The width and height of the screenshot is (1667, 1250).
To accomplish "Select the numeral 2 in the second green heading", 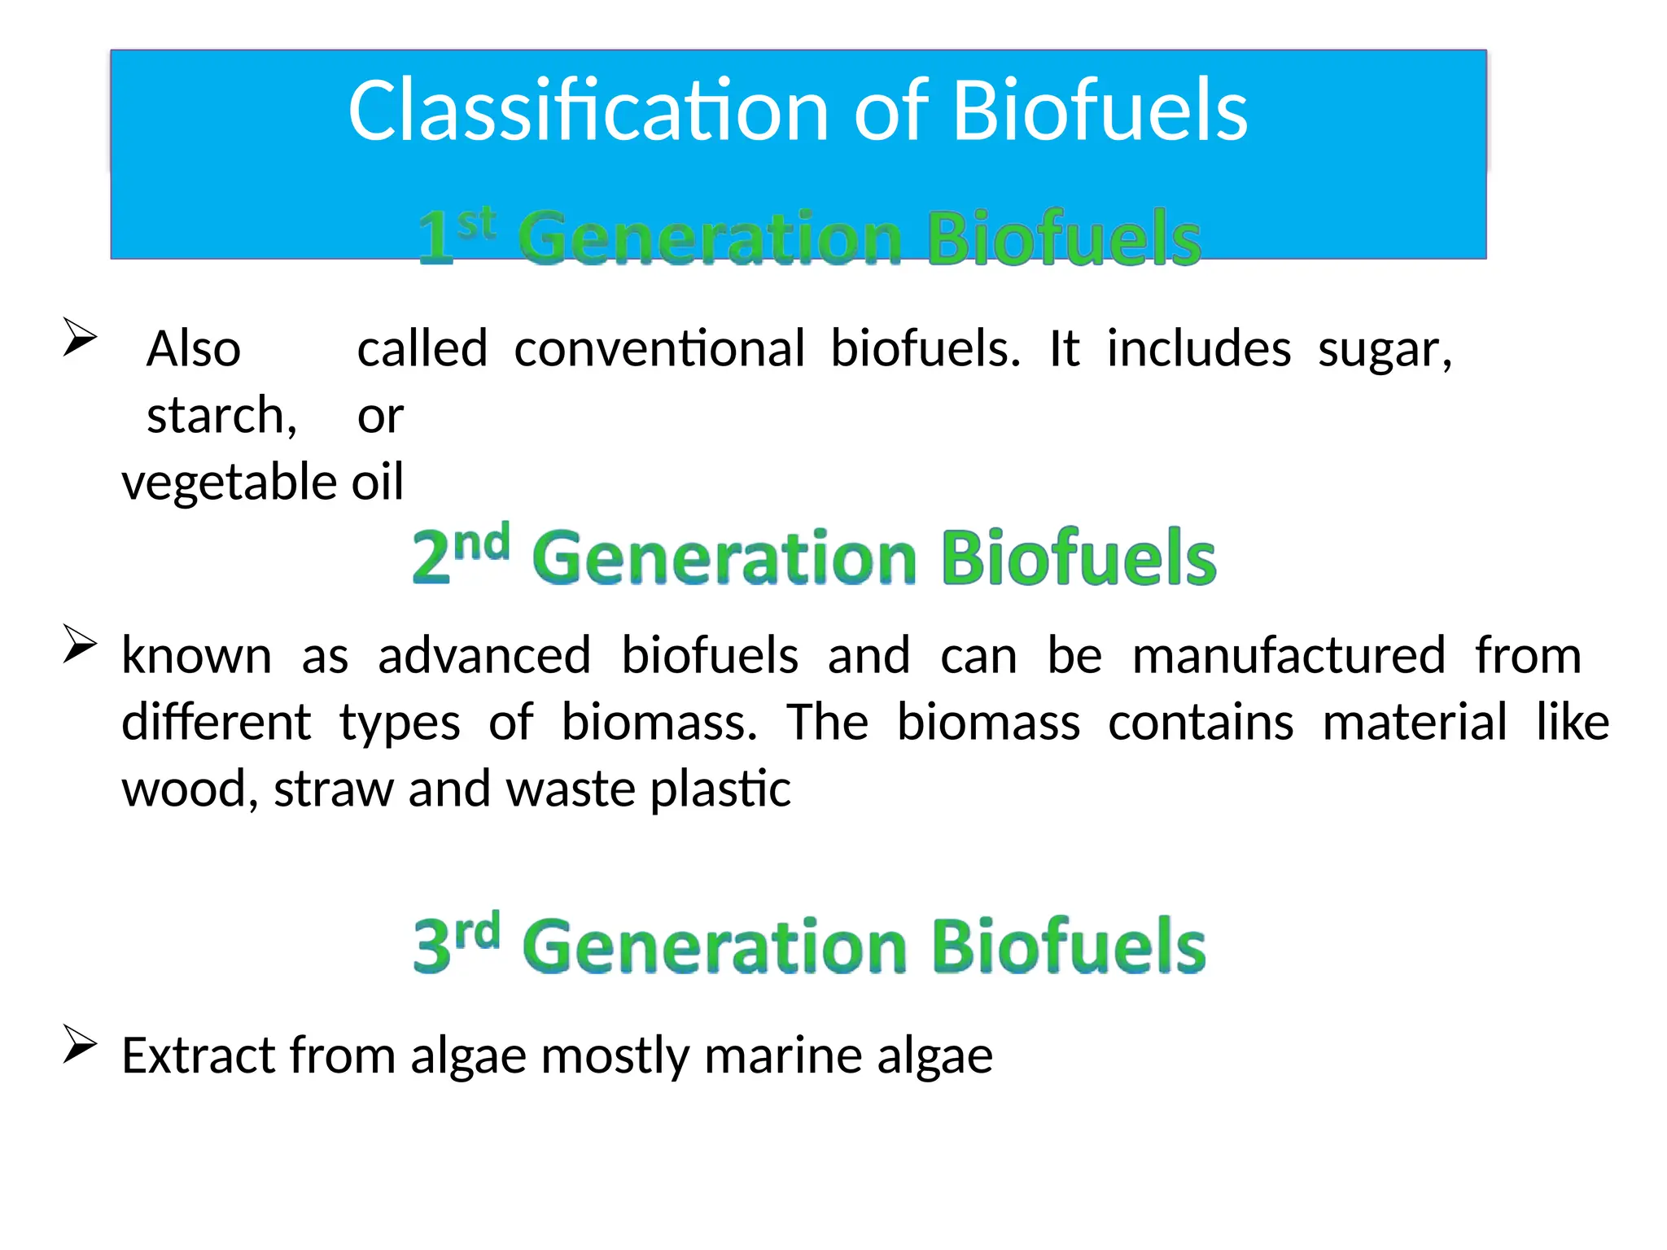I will point(431,558).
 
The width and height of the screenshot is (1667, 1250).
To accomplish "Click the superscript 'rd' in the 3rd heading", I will point(477,933).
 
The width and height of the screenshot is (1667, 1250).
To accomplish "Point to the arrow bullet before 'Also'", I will point(80,337).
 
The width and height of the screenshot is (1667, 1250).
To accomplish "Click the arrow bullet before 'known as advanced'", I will point(80,645).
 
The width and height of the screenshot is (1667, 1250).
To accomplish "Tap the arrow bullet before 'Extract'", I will point(80,1044).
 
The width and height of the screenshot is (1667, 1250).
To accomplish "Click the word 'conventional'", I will point(658,350).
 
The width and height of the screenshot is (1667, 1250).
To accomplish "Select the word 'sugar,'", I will point(1385,350).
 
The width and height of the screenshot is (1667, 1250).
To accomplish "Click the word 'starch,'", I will point(221,416).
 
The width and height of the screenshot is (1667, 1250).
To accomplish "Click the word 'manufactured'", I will point(1289,656).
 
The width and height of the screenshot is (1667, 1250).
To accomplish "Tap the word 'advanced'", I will point(484,656).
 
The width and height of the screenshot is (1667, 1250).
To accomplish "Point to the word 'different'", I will point(216,723).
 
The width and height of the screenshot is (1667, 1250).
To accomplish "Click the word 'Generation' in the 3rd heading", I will point(714,946).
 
